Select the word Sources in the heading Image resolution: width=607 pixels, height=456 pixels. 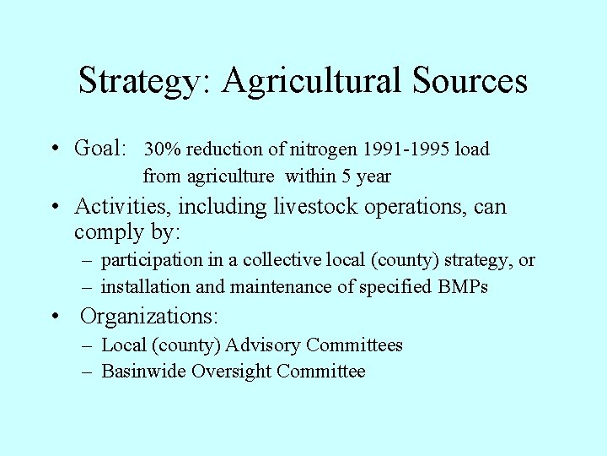pos(470,81)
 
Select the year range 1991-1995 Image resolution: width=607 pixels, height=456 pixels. pos(407,149)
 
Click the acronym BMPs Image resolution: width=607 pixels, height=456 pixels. pos(463,287)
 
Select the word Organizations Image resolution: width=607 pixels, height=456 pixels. pos(149,318)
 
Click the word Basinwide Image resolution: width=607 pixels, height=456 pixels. pos(143,372)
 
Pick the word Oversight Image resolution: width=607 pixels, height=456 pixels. pos(232,372)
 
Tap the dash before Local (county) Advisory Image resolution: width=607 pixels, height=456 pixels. pos(88,345)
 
